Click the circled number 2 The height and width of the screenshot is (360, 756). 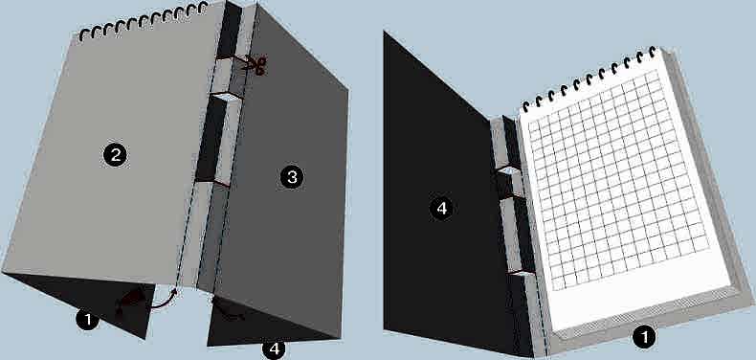tap(115, 155)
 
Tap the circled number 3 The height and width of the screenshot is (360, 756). tap(292, 177)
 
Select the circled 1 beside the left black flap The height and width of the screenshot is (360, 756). tap(87, 320)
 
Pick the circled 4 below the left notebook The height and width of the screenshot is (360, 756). tap(274, 349)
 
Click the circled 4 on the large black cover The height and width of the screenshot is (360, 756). tap(441, 209)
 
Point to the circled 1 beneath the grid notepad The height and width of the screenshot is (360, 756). tap(643, 337)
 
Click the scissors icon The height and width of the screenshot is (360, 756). tap(256, 66)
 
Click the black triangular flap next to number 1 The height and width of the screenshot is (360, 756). tap(87, 299)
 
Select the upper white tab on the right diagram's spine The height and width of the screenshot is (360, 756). tap(510, 170)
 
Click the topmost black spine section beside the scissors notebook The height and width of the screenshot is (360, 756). tap(229, 30)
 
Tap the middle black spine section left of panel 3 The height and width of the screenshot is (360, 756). tap(211, 139)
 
